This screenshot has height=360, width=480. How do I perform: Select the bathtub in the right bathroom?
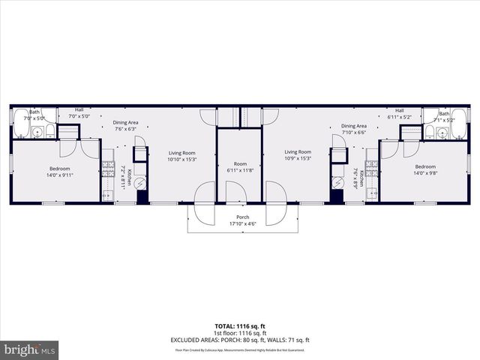pos(457,132)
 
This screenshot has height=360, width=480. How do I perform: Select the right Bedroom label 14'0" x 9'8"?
pos(424,169)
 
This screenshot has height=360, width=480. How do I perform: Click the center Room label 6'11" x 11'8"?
pos(239,166)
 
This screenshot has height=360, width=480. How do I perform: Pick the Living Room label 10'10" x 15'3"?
pos(181,155)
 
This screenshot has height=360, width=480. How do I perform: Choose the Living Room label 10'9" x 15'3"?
pos(298,154)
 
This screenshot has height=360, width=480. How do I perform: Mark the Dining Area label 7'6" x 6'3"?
pos(125,125)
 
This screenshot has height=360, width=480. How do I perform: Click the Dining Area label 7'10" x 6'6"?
pos(353,129)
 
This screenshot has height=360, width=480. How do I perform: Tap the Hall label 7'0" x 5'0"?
pos(79,113)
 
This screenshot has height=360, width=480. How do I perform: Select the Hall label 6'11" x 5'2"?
pos(399,114)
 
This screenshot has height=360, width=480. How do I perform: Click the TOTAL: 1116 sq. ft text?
pos(239,326)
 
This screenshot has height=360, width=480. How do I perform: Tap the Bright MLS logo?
pos(30,349)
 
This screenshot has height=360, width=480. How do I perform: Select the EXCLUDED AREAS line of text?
pos(239,340)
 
